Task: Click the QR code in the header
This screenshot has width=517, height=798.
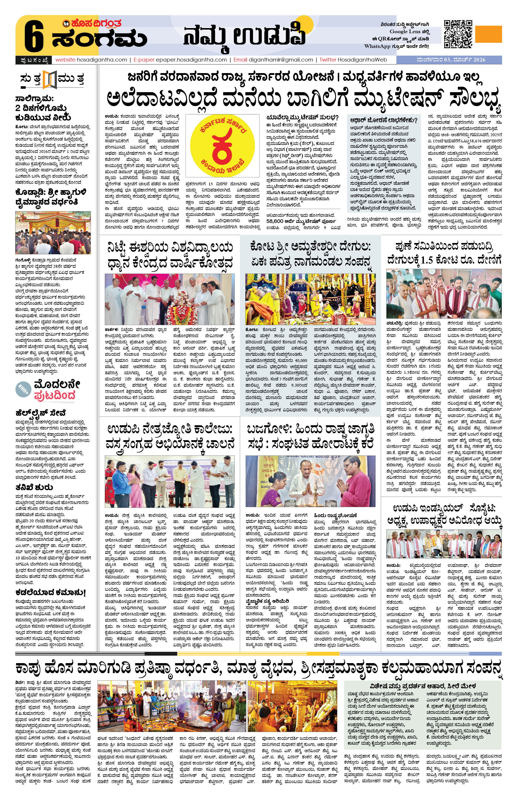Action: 458,34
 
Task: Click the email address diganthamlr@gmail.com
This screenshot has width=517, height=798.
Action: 281,60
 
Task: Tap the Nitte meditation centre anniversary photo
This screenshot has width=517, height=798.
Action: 170,299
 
